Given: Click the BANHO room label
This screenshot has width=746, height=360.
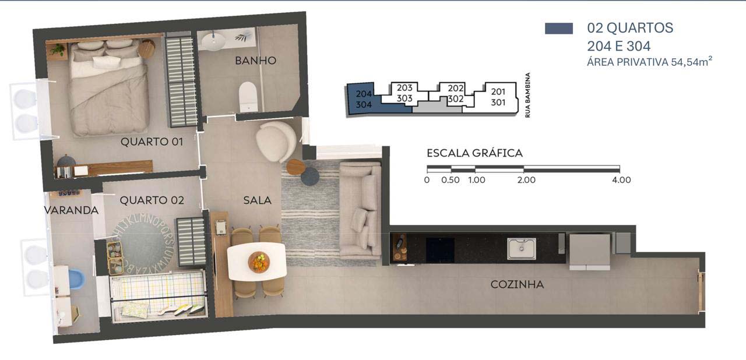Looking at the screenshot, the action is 255,61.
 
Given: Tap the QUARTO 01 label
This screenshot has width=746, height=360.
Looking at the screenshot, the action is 152,142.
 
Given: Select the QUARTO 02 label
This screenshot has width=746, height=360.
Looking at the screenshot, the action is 152,200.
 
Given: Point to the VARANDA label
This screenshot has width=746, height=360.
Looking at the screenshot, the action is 71,210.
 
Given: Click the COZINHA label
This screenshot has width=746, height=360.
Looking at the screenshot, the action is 517,284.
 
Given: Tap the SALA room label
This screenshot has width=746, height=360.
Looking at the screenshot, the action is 257,200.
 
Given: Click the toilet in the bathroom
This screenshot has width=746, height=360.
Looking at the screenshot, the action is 248,97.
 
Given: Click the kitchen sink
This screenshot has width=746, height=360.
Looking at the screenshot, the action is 522,249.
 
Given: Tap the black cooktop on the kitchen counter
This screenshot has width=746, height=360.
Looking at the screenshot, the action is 440,250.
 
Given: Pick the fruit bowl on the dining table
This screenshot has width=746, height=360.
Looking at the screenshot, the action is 259,262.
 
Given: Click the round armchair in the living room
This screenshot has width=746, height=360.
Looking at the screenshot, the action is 276,142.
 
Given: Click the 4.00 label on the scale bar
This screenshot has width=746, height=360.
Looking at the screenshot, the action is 621,180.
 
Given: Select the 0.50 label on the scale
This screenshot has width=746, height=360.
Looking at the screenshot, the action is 451,180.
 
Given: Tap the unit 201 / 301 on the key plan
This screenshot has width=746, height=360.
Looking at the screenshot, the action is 498,97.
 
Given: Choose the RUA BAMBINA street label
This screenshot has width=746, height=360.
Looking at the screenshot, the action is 527,95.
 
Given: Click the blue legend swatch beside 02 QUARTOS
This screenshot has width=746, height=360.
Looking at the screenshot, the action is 559,29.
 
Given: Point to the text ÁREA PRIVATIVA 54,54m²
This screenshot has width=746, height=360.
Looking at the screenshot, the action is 650,62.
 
